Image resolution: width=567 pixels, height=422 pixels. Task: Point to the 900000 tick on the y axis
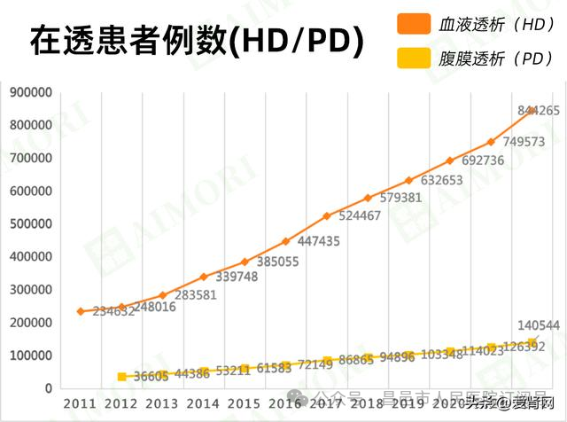coord(30,92)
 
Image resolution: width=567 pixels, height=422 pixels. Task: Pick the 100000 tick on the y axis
coord(30,356)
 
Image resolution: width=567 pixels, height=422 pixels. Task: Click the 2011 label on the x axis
coord(81,403)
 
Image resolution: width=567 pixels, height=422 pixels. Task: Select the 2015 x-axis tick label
coord(245,403)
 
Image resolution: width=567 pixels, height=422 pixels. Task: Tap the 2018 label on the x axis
coord(368,403)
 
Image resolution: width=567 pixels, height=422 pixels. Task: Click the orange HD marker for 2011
coord(81,311)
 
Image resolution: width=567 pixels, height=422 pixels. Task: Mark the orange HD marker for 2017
coord(327,216)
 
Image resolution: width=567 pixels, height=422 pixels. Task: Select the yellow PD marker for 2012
coord(121,377)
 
